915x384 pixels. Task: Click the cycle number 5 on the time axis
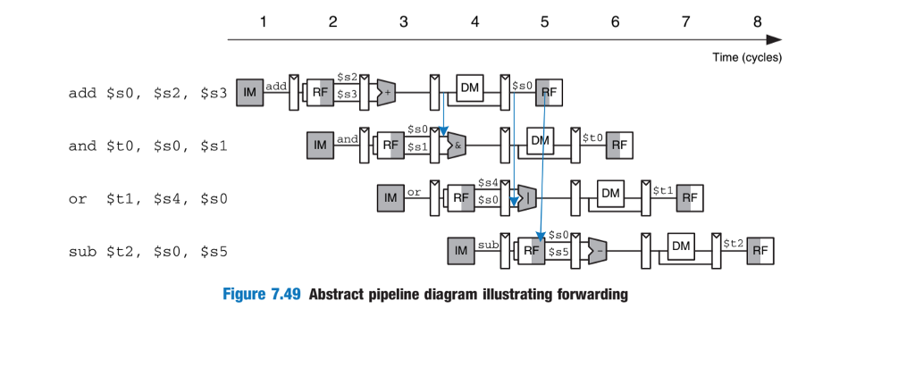coord(544,22)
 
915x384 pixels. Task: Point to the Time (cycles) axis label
coord(747,57)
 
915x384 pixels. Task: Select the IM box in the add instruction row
coord(250,91)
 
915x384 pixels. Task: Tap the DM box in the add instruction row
coord(470,87)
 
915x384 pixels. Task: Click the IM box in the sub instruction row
coord(461,251)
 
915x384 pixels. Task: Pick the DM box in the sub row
coord(681,246)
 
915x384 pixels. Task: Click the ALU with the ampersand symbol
coord(457,144)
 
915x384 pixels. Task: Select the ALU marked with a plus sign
coord(387,91)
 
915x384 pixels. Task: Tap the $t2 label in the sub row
coord(734,243)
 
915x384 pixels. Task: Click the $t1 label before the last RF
coord(662,190)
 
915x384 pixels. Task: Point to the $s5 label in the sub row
coord(558,253)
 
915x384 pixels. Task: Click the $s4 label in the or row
coord(488,183)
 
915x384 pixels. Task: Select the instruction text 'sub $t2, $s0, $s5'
coord(148,252)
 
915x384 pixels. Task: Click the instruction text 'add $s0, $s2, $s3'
coord(148,92)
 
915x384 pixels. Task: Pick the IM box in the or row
coord(390,197)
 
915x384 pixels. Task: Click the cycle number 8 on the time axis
coord(757,22)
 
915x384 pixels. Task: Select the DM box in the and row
coord(540,139)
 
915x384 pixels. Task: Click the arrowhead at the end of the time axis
coord(775,39)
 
